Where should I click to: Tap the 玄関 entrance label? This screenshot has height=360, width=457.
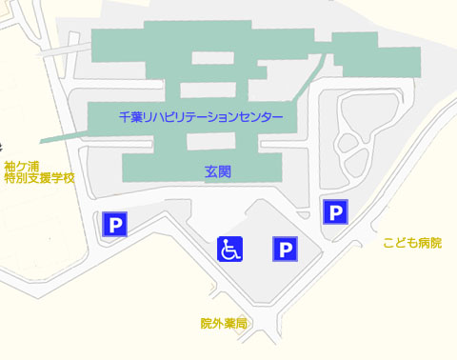(x=218, y=172)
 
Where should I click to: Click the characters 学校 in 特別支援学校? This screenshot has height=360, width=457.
(x=63, y=177)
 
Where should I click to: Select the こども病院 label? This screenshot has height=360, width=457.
(x=412, y=243)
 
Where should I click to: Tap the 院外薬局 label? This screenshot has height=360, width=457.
(x=224, y=324)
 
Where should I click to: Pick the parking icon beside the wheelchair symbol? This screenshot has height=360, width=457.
(x=286, y=250)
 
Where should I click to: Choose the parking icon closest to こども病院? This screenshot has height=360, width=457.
(x=335, y=211)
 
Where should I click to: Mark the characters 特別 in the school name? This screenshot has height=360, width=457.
(x=15, y=177)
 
